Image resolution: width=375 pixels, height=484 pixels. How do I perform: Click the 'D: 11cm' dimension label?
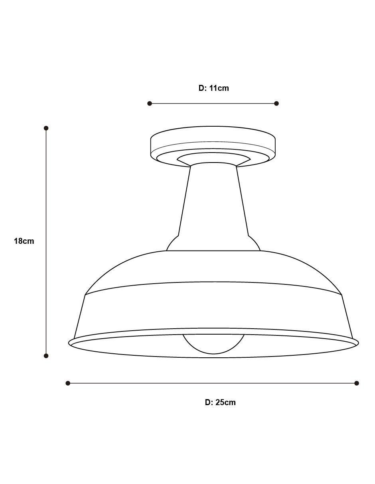coord(213,88)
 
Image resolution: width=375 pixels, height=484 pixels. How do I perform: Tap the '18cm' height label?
coord(24,241)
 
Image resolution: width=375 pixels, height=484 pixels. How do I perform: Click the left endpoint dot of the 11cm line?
coord(150,103)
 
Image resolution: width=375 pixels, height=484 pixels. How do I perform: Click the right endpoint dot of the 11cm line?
coord(276,103)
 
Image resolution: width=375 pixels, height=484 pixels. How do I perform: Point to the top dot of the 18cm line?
coord(46,128)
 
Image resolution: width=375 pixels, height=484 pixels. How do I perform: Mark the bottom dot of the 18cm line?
coord(46,356)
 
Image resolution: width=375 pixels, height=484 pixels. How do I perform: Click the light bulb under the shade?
coord(213,345)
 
